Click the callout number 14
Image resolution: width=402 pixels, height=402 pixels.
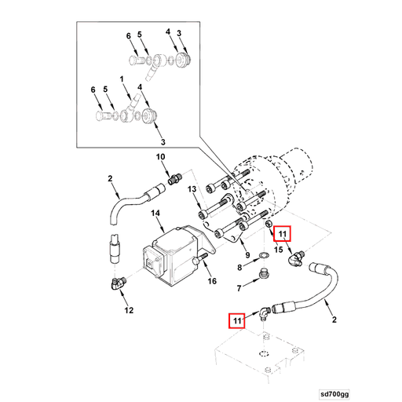tap(156, 214)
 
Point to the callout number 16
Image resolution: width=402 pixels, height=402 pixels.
tap(210, 280)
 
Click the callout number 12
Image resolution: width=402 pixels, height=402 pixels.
tap(129, 310)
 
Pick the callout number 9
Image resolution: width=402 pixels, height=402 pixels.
tap(248, 255)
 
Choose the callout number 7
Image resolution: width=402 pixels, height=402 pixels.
tap(239, 289)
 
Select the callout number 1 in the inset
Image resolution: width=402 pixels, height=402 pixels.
tap(122, 79)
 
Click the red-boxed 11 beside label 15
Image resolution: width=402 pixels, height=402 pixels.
tap(282, 233)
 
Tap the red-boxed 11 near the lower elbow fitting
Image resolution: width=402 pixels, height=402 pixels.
tap(236, 320)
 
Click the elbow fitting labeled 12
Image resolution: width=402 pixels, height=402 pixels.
tap(118, 285)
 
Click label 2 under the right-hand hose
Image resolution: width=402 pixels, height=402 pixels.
tap(334, 320)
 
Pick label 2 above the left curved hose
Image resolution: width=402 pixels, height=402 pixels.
tap(111, 179)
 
